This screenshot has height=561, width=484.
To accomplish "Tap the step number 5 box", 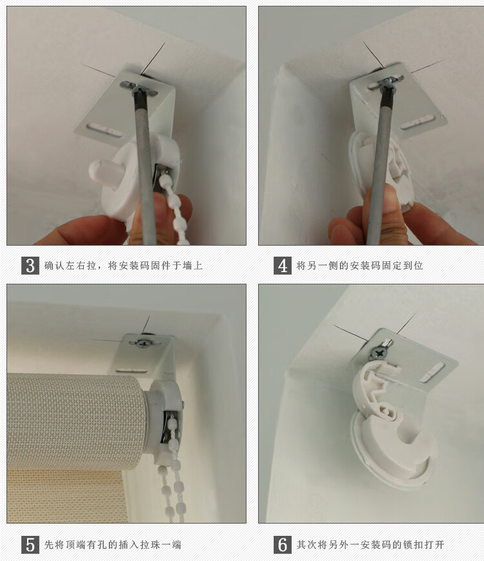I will pos(30,544).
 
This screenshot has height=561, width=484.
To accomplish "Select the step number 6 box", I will pos(282,544).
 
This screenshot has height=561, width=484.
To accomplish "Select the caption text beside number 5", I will pos(112,545).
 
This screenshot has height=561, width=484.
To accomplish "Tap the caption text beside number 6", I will pos(370,545).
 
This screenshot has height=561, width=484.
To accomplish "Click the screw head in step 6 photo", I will pos(375,352).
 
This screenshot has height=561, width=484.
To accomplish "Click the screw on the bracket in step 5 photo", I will pos(143,342).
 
